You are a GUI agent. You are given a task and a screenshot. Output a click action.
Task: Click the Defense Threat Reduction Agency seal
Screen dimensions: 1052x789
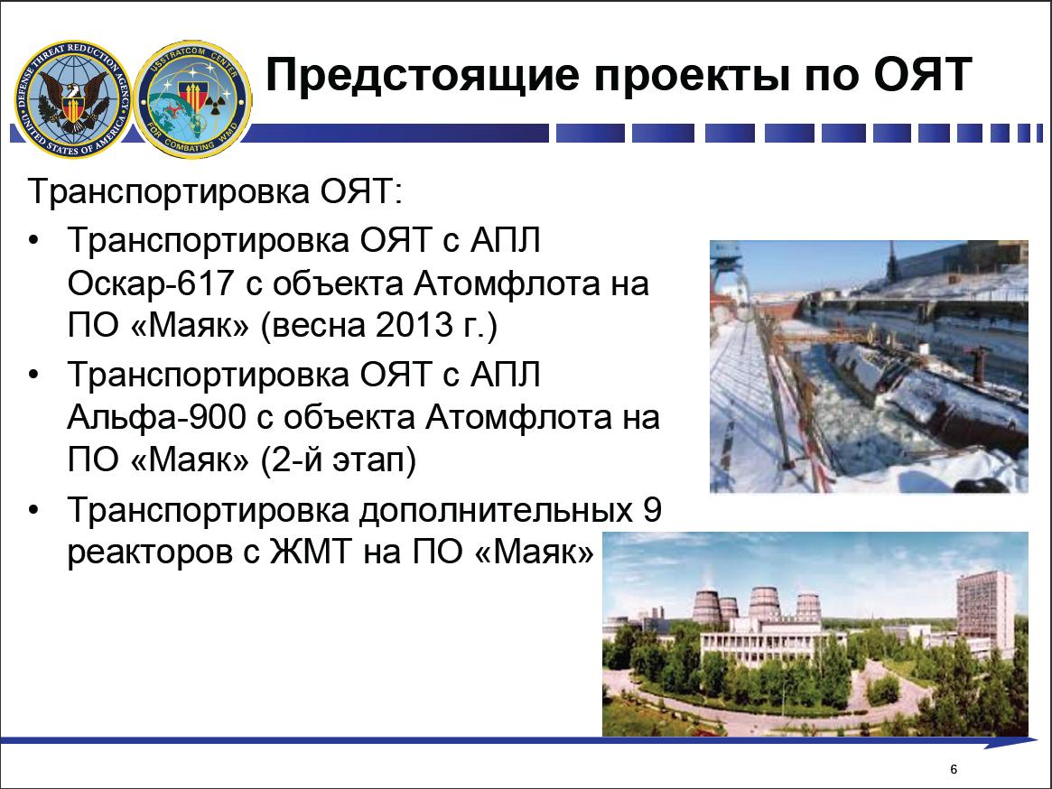click(72, 98)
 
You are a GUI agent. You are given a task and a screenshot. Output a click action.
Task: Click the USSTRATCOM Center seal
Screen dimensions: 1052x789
click(193, 99)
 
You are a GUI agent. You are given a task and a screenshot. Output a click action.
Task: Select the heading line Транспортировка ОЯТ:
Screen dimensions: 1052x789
click(215, 192)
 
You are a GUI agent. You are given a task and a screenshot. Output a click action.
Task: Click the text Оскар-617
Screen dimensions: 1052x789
click(151, 283)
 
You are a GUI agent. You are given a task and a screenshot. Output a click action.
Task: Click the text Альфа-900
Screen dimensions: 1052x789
click(156, 417)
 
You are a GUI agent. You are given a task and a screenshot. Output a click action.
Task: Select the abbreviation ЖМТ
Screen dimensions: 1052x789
click(311, 552)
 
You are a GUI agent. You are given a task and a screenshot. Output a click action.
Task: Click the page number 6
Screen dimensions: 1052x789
click(954, 769)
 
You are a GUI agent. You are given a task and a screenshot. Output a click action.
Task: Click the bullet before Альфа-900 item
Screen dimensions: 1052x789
click(35, 375)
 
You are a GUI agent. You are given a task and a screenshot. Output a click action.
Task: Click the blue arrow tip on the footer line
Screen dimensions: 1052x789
click(1037, 741)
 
